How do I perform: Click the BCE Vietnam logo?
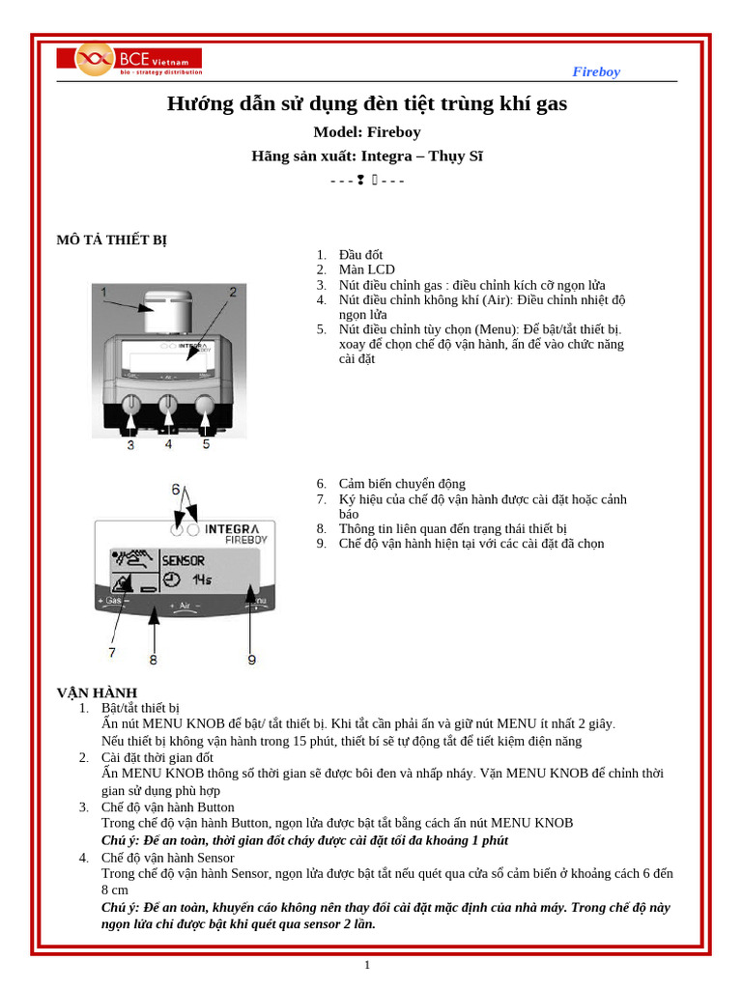129,60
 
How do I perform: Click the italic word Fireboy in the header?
596,71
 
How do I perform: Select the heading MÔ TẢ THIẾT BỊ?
111,240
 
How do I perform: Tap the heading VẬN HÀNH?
97,692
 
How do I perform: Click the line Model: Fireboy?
367,132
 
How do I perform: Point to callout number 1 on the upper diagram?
102,292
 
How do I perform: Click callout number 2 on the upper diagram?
232,292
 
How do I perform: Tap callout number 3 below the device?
130,444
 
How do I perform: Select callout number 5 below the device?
206,444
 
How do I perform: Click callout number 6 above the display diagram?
176,490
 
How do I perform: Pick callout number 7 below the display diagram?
112,653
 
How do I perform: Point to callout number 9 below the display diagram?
251,660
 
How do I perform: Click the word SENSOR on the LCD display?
183,560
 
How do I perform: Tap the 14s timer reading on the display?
201,579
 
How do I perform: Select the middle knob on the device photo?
168,404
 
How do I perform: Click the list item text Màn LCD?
366,269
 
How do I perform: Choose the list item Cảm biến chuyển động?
401,484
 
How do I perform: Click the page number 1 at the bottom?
367,965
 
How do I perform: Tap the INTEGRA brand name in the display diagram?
232,529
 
